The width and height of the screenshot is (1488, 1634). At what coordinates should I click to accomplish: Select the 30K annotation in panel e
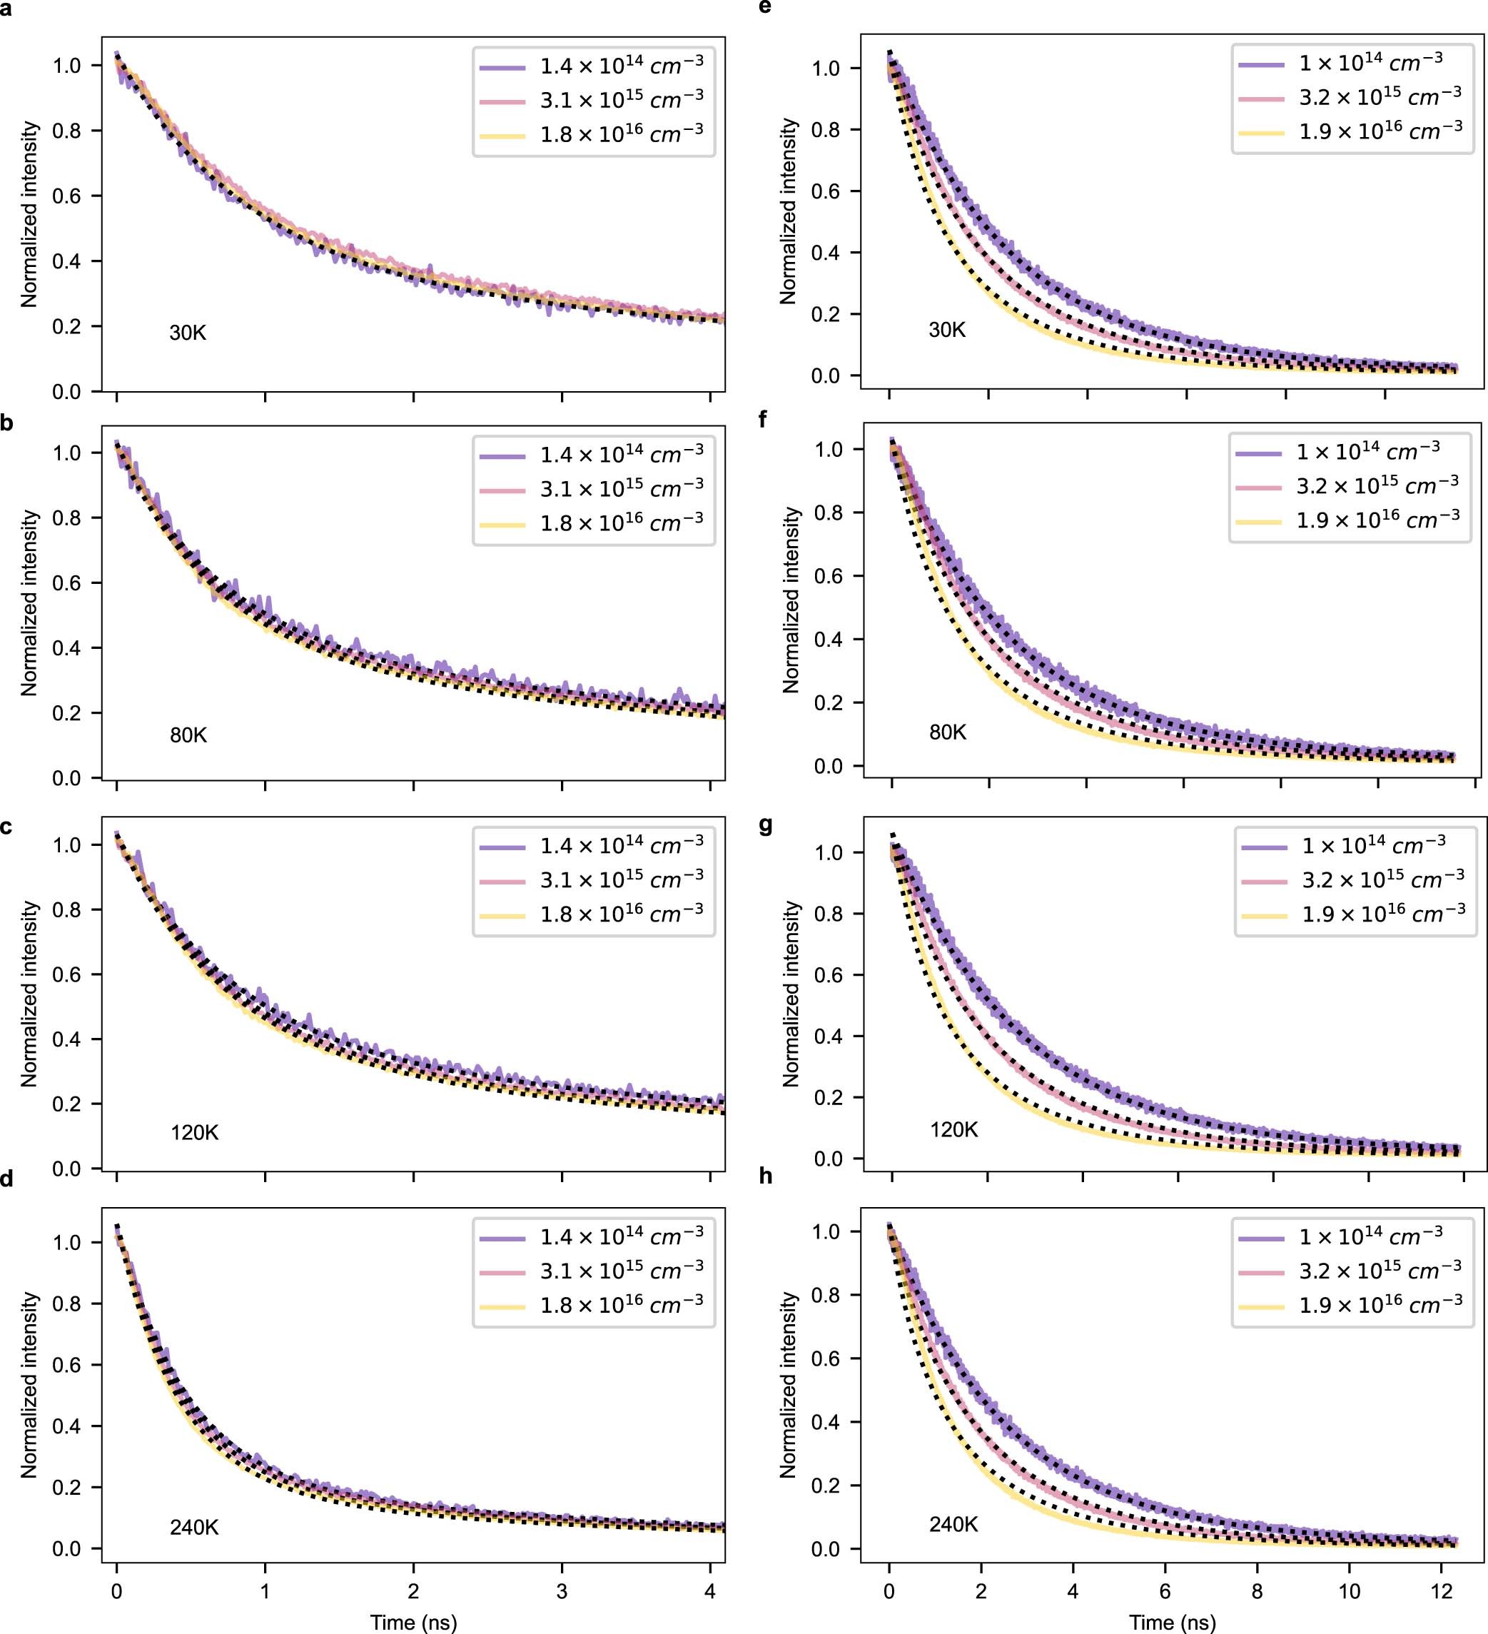946,330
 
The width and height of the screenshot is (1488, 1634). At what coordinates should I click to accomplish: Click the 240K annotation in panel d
193,1527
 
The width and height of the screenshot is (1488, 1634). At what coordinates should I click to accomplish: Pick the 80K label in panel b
188,735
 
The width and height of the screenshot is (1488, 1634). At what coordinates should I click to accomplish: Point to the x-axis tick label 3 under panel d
562,1591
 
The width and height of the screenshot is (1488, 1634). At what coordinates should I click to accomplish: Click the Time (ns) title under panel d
413,1622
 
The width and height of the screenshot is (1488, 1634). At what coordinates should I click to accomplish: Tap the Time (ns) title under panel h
1172,1622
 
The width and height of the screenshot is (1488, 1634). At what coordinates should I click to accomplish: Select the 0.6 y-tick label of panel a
66,196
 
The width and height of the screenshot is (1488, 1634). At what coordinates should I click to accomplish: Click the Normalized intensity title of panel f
790,600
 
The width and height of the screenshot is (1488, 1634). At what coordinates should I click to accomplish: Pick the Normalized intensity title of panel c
29,994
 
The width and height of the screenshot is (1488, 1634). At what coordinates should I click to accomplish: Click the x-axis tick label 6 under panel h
1165,1591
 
